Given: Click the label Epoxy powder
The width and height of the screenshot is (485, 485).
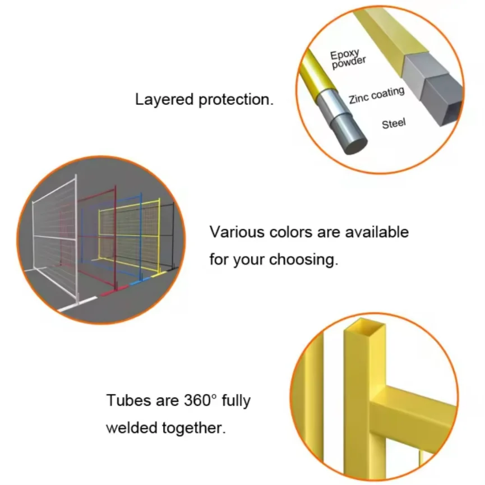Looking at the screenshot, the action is click(x=348, y=59).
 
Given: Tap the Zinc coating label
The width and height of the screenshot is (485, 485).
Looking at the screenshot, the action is click(x=376, y=95).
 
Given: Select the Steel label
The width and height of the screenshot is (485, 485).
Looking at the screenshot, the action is click(x=394, y=124).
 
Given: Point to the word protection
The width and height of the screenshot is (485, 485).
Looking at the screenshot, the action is click(x=236, y=100).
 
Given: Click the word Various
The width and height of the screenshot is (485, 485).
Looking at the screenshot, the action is click(x=237, y=232).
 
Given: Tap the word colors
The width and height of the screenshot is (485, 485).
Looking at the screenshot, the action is click(x=291, y=232).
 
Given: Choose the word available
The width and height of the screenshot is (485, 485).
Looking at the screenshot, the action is click(x=377, y=232).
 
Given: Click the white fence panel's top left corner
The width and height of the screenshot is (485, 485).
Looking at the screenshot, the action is click(x=33, y=202).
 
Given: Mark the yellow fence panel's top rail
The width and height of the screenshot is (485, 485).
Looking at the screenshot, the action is click(x=130, y=205).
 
